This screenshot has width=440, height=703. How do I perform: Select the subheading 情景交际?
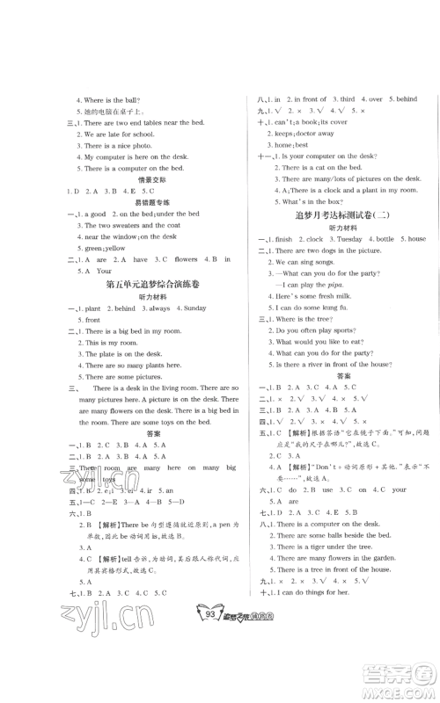click(x=136, y=179)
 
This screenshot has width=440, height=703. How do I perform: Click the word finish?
click(x=282, y=239)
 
